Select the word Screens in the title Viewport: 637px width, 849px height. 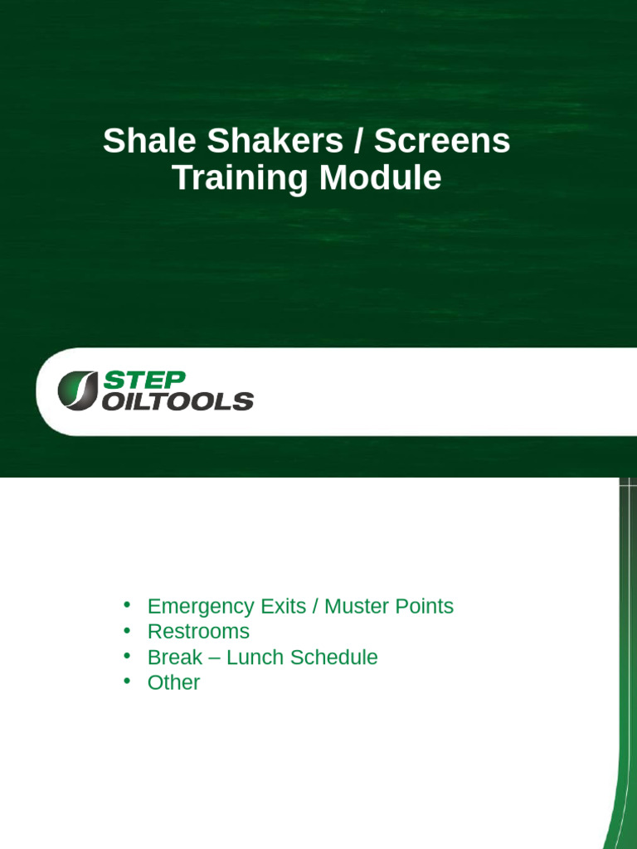(x=442, y=142)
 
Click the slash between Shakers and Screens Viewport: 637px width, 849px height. (x=358, y=142)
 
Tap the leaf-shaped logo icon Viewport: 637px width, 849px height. (x=77, y=390)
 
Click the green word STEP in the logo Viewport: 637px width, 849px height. (x=143, y=381)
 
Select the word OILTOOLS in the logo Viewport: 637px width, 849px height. (x=177, y=401)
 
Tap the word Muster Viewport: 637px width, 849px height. (x=357, y=606)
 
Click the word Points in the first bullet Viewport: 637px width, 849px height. (x=425, y=606)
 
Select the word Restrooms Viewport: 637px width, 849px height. (x=198, y=632)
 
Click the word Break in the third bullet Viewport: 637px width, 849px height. (x=174, y=657)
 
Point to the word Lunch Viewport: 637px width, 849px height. (x=255, y=657)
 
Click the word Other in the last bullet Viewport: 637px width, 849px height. (x=173, y=682)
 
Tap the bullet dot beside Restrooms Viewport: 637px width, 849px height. (x=127, y=631)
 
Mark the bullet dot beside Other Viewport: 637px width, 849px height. (x=127, y=682)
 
